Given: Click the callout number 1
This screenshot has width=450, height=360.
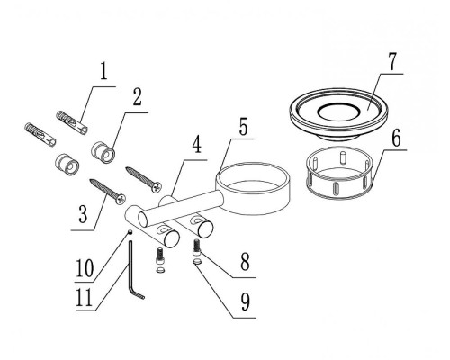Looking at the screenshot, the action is (103, 72).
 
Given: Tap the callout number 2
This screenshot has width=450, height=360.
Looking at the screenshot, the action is (137, 97).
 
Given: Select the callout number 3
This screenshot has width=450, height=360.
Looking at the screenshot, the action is (83, 214).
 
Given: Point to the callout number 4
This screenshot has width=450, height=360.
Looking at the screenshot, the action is (196, 145).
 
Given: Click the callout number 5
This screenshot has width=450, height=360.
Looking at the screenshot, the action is (243, 127).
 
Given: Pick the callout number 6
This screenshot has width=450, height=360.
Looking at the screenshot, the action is (396, 139).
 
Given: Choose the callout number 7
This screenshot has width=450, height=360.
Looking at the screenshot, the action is (391, 62).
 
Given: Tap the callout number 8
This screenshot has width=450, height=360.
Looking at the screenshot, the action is (245, 262).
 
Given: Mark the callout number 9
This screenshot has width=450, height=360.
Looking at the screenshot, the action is (246, 302).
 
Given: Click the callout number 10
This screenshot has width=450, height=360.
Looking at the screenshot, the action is (85, 268).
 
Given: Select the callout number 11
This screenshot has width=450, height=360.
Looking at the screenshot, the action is (85, 297).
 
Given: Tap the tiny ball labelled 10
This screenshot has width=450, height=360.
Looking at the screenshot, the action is (130, 231).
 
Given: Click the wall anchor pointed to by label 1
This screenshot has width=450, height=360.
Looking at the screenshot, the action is (73, 122).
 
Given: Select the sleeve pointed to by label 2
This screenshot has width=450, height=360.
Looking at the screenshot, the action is (103, 152).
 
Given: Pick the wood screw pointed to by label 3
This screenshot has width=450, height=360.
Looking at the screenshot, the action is (107, 192).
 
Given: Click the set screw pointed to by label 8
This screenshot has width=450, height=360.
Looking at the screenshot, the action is (196, 247).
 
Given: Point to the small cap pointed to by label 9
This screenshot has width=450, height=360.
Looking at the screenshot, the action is (197, 262).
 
